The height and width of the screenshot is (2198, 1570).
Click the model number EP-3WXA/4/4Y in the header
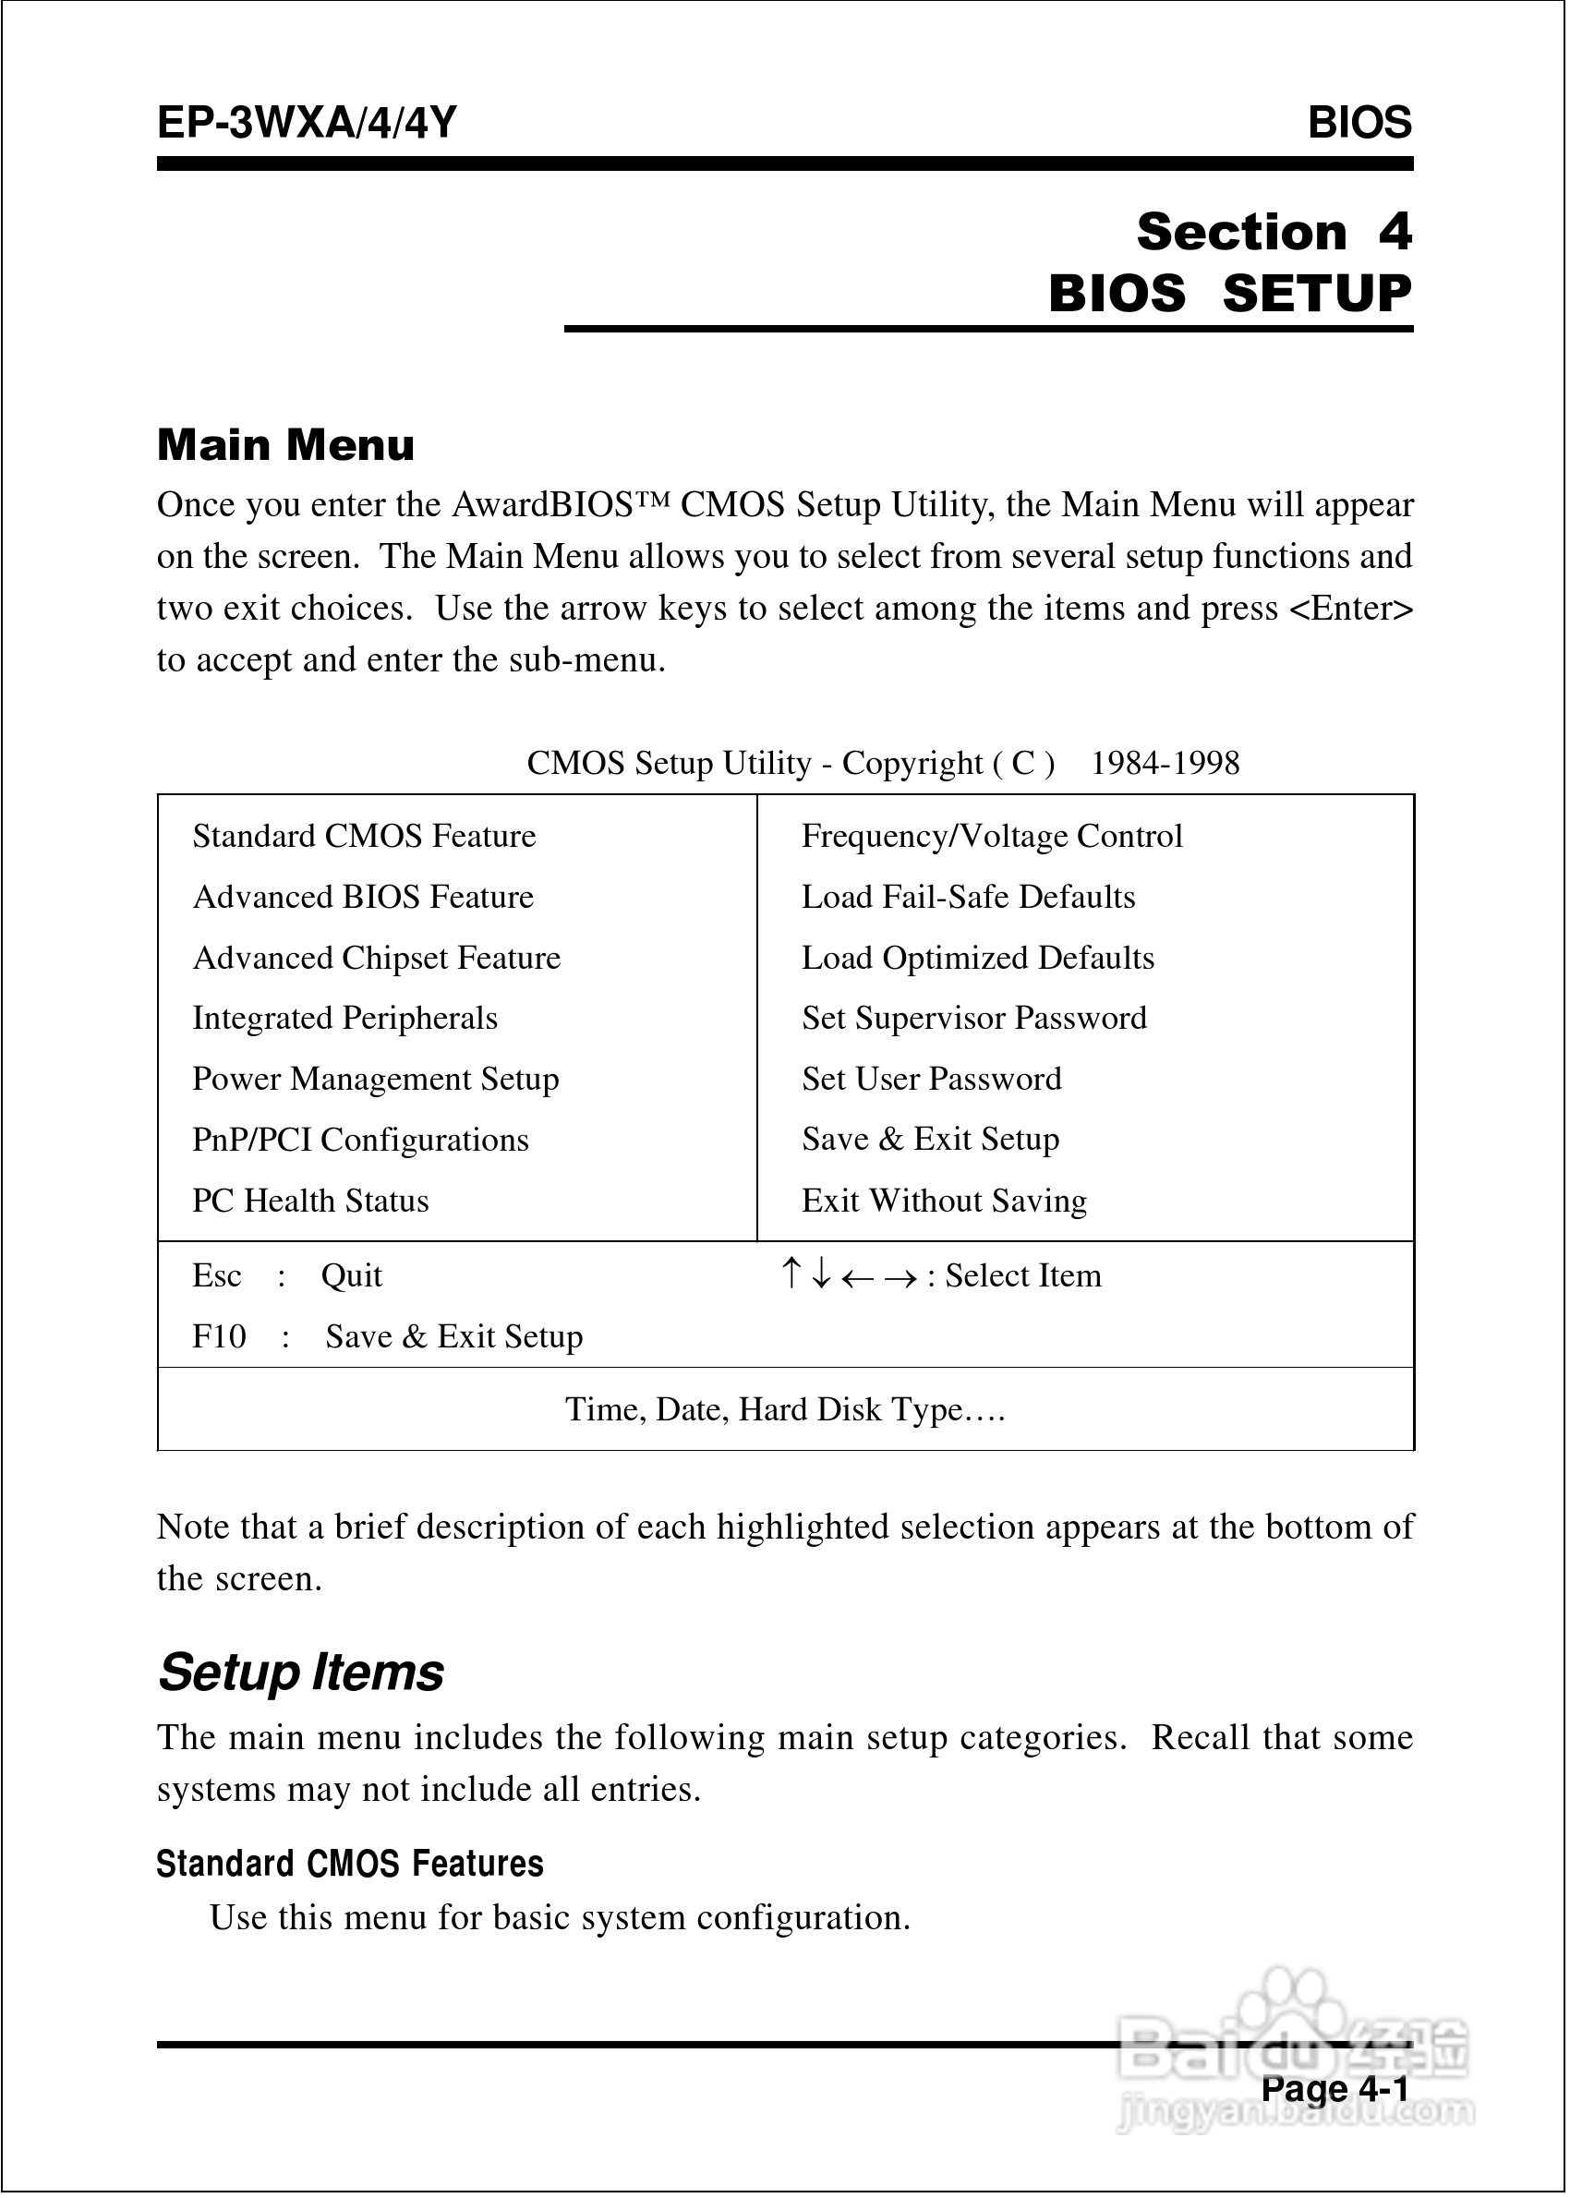[x=307, y=124]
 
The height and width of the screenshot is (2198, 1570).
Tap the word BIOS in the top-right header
[x=1359, y=124]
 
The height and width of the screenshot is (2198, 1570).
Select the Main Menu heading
[x=286, y=445]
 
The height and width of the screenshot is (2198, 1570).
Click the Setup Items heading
[x=301, y=1673]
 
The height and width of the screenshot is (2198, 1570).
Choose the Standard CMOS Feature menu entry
[x=364, y=836]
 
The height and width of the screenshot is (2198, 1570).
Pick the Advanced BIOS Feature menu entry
[x=363, y=897]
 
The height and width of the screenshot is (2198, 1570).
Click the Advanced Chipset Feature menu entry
[x=376, y=958]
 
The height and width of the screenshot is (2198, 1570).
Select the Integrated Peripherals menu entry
[x=344, y=1018]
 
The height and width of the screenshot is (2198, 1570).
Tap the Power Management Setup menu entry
[x=375, y=1079]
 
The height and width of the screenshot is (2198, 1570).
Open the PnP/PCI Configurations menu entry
[x=359, y=1140]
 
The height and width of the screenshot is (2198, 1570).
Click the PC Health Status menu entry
[x=310, y=1201]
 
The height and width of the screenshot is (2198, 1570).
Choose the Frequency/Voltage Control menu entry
[x=992, y=836]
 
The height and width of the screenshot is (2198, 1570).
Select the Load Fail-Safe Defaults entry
[x=968, y=897]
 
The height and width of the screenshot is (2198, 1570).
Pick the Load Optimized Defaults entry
[x=977, y=958]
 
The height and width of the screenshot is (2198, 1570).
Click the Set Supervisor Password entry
[x=973, y=1018]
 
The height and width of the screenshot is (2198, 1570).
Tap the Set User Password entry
[x=931, y=1079]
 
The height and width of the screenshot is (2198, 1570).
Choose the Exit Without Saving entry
[x=944, y=1201]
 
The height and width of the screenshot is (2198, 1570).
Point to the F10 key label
[x=219, y=1336]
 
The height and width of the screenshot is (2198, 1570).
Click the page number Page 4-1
[x=1335, y=2088]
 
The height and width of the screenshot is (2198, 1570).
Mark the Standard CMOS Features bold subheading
[x=350, y=1864]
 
